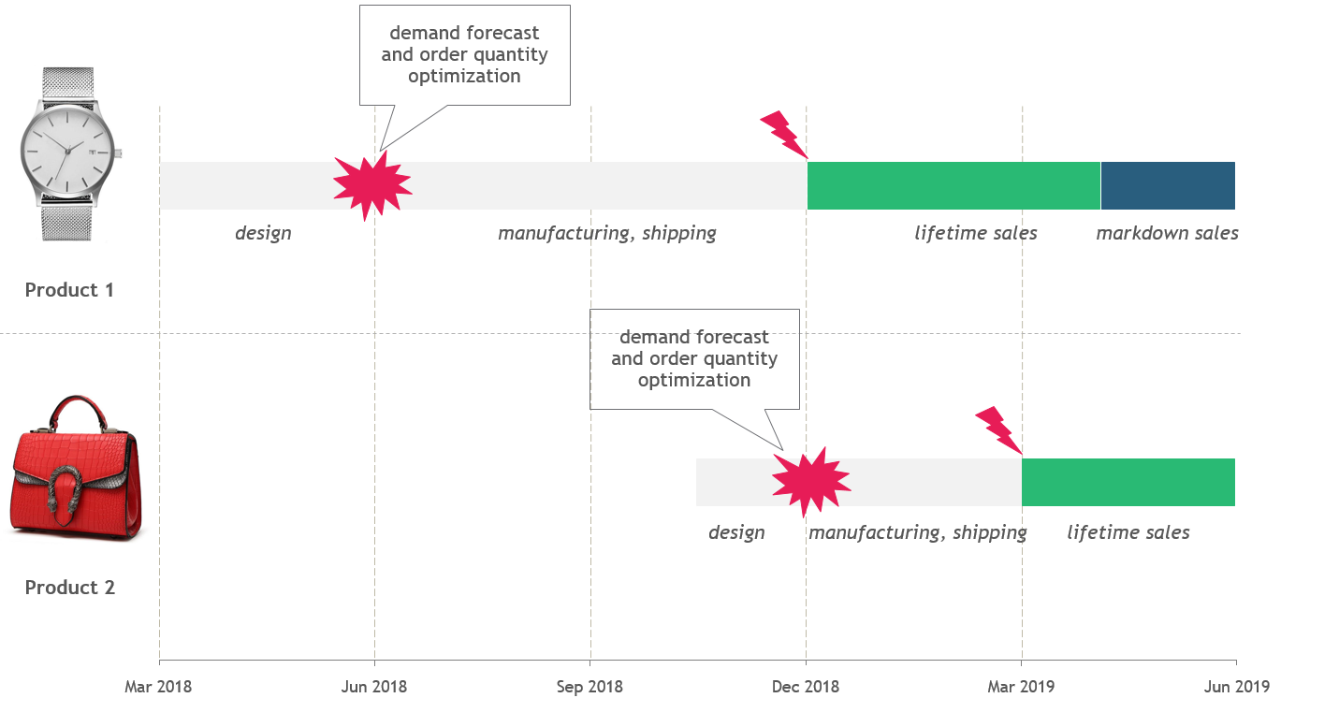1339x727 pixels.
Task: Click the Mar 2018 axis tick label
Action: click(x=158, y=687)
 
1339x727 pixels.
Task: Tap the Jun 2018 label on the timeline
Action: click(x=374, y=687)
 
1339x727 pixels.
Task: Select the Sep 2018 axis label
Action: click(x=589, y=687)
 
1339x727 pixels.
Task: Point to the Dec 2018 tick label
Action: click(x=806, y=687)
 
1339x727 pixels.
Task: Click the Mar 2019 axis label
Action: click(x=1021, y=687)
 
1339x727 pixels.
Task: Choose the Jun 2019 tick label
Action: click(x=1236, y=687)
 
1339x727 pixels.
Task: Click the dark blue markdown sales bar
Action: click(x=1168, y=185)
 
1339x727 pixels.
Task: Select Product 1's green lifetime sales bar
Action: click(x=953, y=185)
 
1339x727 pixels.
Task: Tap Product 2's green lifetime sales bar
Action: click(x=1128, y=482)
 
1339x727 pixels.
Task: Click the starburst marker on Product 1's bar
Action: click(x=372, y=185)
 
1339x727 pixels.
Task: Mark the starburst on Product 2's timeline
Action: click(x=810, y=481)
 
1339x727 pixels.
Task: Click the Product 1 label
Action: click(x=69, y=290)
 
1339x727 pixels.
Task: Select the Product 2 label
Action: click(x=69, y=588)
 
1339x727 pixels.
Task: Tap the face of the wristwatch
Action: click(x=66, y=153)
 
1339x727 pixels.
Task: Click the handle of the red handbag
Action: click(x=77, y=412)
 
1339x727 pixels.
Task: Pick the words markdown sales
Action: click(x=1167, y=233)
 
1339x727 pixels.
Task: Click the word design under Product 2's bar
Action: click(x=736, y=532)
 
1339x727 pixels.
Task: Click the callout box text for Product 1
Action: click(x=464, y=54)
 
